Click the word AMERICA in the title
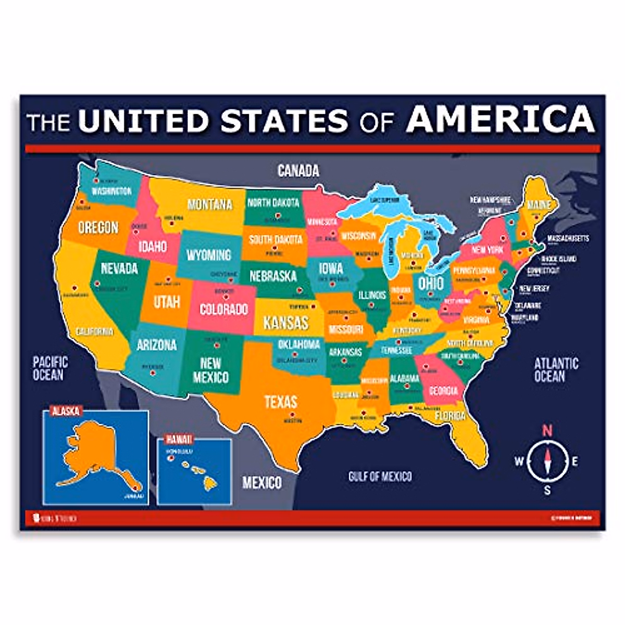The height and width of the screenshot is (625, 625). [500, 119]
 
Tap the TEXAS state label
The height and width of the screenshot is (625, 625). [281, 402]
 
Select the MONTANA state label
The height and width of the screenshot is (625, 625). [209, 204]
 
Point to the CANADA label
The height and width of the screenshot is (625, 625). [298, 170]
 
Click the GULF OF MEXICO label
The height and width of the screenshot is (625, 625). [380, 476]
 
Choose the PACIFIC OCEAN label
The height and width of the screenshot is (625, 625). [50, 368]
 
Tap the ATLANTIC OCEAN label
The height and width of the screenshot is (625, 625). [556, 369]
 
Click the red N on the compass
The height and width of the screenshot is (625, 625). [547, 430]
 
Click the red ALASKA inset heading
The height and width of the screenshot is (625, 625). [66, 411]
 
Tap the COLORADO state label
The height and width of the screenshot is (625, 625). [223, 309]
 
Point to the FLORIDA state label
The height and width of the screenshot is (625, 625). [450, 416]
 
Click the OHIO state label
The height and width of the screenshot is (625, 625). [431, 284]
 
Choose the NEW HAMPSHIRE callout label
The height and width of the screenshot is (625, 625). [490, 199]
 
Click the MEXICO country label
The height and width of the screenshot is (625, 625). [262, 483]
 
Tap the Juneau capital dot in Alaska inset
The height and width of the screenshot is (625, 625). [136, 488]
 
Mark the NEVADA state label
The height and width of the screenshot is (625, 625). [119, 268]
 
